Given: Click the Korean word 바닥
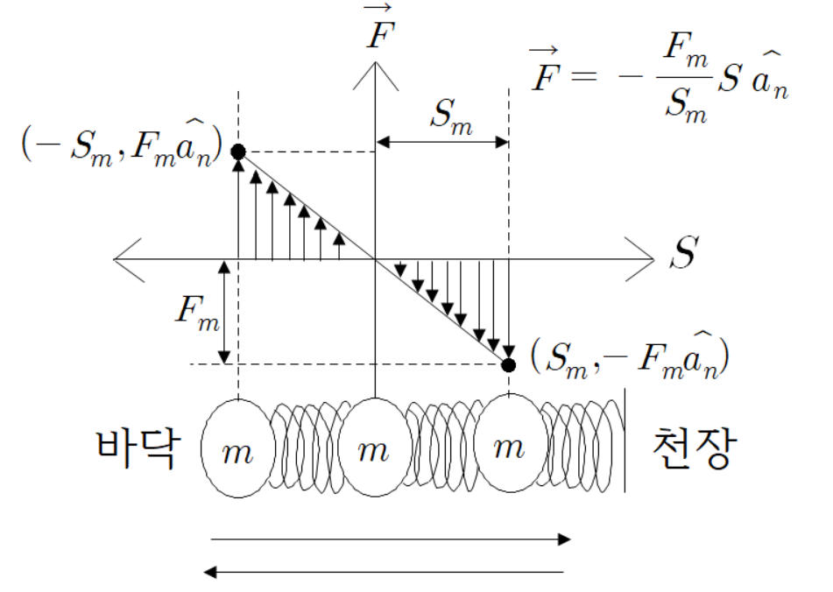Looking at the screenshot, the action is coord(139,448).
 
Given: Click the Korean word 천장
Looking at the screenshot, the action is coord(691,448).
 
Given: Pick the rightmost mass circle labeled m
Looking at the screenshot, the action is coord(509,448).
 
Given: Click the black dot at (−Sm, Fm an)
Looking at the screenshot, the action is coord(238,152).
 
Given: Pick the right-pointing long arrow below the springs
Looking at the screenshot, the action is coord(390,540).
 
